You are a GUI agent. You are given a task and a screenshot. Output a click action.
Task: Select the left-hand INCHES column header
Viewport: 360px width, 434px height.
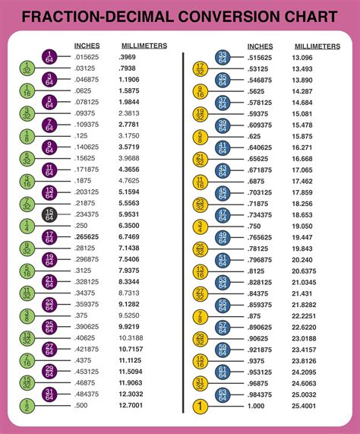(87, 46)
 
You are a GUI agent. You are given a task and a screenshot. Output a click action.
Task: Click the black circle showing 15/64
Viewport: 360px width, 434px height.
(49, 215)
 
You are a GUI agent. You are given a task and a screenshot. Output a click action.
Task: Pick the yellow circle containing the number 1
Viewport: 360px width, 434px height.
(200, 407)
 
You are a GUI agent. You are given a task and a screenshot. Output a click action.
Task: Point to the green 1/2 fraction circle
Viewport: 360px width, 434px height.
(27, 407)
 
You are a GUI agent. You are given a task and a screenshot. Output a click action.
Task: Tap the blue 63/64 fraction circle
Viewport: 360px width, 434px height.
(223, 394)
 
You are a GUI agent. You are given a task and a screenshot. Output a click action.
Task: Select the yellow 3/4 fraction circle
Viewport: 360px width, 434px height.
(200, 227)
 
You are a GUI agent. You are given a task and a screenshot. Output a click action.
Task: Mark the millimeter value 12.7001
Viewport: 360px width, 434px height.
(134, 407)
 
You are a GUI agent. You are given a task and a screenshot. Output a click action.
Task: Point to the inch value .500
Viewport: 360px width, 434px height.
(82, 407)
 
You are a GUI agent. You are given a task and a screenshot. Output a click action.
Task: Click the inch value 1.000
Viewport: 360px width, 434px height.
(257, 407)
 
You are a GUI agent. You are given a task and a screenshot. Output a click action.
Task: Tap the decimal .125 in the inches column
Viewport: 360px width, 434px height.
(82, 135)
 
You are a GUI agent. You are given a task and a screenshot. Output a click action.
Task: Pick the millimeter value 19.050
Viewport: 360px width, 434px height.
(303, 226)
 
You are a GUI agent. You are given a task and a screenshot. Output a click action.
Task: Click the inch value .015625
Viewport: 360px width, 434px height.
(87, 57)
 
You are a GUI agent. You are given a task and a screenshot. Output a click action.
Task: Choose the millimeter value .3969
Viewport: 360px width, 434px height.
(128, 57)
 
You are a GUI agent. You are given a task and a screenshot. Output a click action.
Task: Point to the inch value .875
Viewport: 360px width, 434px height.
(255, 316)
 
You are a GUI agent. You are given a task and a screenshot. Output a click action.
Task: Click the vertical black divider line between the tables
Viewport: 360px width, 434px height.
(183, 228)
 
